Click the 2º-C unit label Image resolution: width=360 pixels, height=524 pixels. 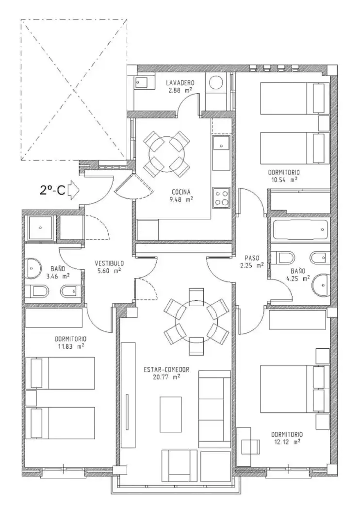(52, 190)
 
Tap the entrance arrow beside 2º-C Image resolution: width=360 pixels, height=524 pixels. (74, 190)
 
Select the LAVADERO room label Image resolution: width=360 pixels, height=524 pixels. (180, 82)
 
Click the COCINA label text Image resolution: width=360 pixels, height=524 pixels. (181, 192)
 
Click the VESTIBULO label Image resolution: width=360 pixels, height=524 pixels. (109, 263)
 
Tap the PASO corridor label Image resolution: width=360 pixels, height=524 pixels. (252, 258)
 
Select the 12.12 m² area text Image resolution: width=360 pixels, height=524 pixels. (287, 442)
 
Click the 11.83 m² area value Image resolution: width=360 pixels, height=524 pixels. (70, 346)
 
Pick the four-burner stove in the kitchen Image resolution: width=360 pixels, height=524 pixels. (221, 197)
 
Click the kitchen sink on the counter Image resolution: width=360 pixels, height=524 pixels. (221, 143)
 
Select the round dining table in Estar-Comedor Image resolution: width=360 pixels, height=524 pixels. (196, 321)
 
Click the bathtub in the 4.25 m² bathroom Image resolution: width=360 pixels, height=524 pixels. (300, 229)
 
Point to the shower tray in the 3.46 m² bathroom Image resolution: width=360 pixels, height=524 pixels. (40, 228)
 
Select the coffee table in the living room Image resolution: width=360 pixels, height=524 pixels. (170, 414)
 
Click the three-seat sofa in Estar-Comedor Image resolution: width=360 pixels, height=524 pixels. (214, 409)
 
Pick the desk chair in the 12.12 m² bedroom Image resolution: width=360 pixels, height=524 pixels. (251, 446)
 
